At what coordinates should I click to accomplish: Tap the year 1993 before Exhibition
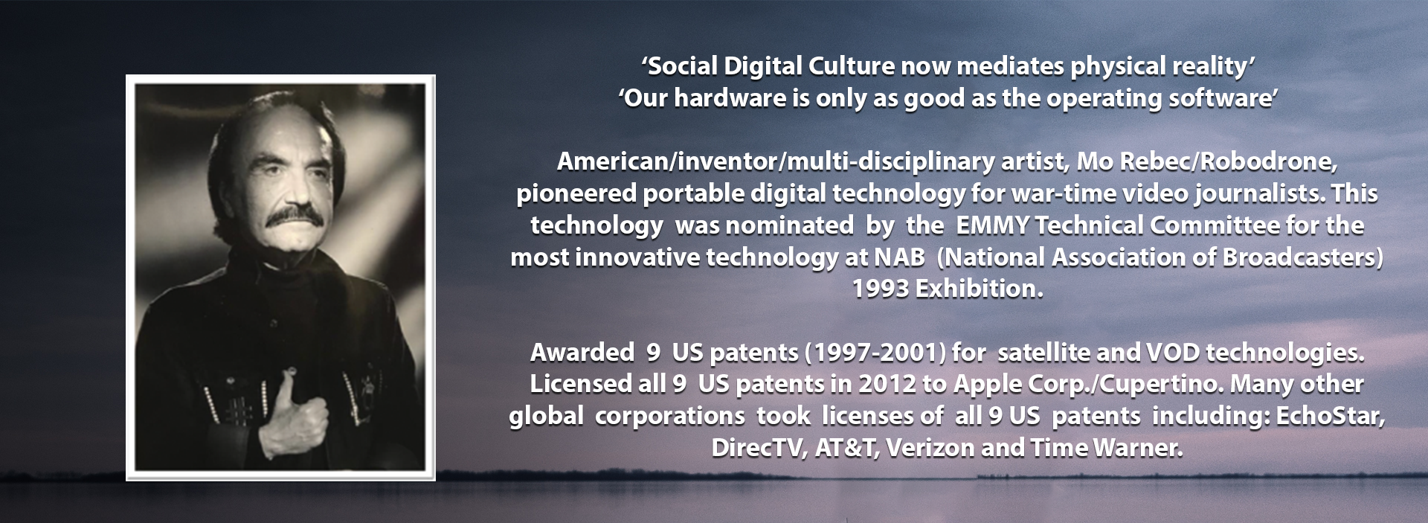pyautogui.click(x=880, y=289)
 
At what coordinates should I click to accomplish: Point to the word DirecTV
pyautogui.click(x=756, y=448)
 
